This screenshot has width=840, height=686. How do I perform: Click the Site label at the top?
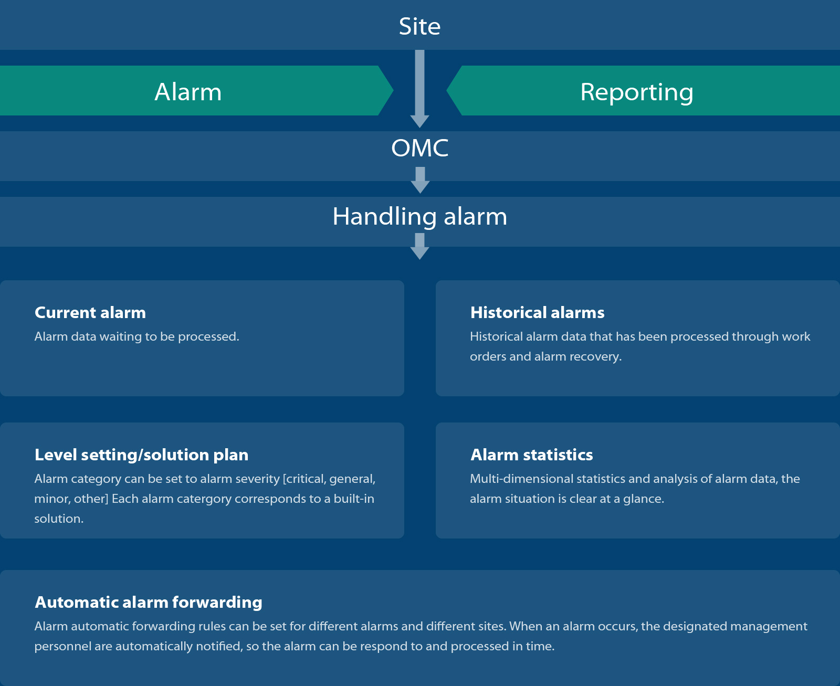419,26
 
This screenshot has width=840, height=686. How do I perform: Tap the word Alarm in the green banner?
187,92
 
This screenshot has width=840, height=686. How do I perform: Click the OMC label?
420,147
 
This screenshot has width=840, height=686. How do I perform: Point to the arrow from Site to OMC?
420,89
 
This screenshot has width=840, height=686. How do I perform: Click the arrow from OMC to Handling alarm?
420,181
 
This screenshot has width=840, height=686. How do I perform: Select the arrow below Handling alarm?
420,246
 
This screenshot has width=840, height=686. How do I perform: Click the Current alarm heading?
90,312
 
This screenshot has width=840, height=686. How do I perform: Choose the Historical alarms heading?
537,312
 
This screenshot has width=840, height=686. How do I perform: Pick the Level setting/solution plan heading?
141,455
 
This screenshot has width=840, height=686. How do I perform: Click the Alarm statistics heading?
531,455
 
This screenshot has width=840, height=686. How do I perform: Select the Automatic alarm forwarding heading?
149,603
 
